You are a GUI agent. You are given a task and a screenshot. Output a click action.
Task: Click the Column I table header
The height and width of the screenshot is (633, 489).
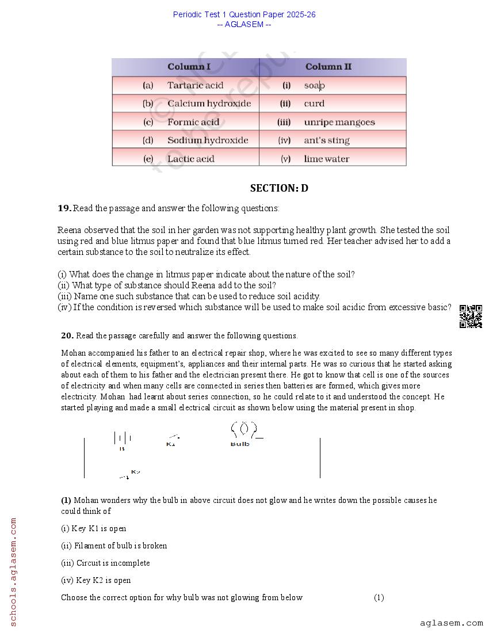point(189,67)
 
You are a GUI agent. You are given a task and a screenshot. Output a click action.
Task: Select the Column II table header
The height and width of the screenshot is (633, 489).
point(328,67)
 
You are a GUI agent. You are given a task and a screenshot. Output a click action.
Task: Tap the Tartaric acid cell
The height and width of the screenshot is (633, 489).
point(195,85)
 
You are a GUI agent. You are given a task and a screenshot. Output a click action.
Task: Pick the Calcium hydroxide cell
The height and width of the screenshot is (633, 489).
point(209,104)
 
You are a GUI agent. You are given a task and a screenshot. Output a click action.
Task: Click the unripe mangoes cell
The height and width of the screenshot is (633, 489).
point(339,122)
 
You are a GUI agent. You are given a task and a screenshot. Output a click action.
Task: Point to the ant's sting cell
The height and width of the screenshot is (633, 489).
point(326,140)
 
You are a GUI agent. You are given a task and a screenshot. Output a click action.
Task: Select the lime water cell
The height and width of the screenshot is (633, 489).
point(326,159)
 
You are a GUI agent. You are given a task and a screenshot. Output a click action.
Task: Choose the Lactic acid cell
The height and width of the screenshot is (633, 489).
point(190,159)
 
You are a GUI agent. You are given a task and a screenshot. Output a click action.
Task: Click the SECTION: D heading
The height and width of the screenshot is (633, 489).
point(279,188)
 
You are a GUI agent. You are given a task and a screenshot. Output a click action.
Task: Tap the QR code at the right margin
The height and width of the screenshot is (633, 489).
point(471,316)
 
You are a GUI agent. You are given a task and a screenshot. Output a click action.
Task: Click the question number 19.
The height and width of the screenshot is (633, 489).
point(64,208)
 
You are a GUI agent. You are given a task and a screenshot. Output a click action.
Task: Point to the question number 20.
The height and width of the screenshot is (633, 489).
point(67,335)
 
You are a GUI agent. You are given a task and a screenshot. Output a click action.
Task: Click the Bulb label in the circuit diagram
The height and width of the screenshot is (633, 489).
point(240,444)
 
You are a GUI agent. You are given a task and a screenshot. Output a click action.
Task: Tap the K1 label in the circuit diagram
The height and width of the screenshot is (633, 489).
point(171,444)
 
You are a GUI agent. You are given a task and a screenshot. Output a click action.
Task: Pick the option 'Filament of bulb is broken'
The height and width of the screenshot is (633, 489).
point(114,546)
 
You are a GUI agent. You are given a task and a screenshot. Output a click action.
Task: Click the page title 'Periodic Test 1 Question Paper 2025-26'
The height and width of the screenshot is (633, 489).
point(244,14)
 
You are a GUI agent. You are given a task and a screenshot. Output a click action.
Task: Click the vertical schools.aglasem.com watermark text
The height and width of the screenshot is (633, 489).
point(13,571)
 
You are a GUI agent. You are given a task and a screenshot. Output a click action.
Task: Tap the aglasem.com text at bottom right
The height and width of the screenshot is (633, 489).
point(451,623)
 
